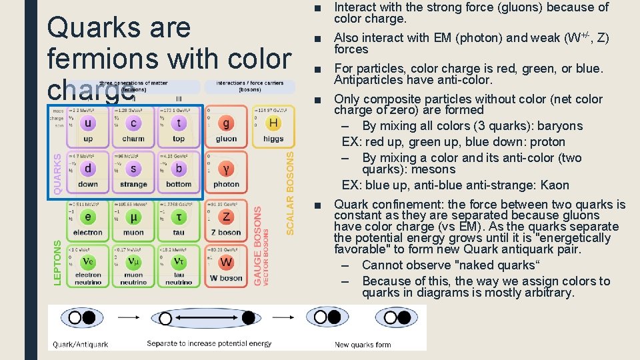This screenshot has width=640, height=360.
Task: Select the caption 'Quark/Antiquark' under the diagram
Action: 82,344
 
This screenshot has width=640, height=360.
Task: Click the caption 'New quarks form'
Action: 363,344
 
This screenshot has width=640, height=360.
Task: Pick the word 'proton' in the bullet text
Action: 547,142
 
